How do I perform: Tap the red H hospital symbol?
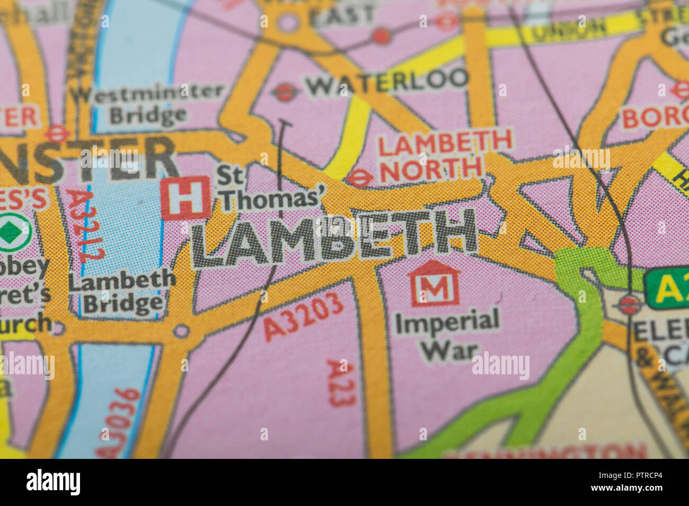tap(185, 198)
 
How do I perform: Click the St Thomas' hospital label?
tap(270, 189)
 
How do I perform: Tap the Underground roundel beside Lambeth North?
tap(360, 178)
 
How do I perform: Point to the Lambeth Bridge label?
tap(122, 291)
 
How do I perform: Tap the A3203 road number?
tap(303, 317)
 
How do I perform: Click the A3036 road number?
tap(118, 422)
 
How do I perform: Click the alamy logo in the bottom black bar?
tap(53, 482)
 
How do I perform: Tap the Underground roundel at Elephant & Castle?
tap(629, 304)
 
